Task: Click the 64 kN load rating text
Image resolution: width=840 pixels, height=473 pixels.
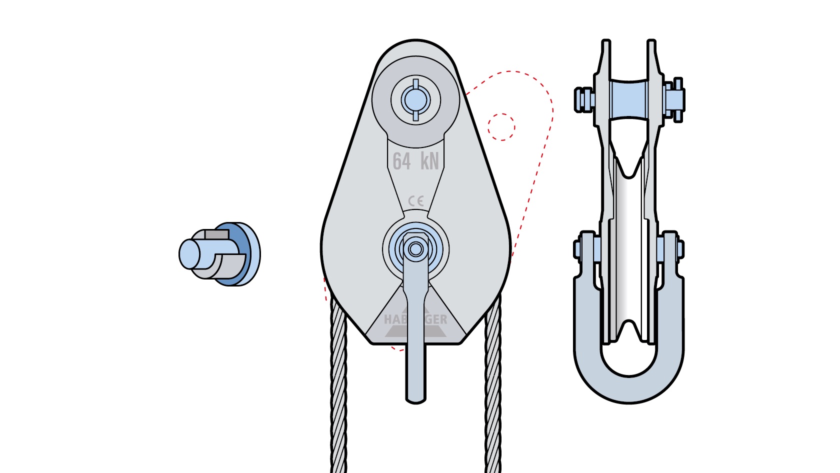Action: [x=415, y=161]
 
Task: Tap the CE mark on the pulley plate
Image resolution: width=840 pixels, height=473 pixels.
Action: [x=416, y=201]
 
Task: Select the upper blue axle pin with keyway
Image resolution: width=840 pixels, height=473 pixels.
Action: [x=415, y=100]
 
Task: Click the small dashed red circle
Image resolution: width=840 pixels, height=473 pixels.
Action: [x=501, y=127]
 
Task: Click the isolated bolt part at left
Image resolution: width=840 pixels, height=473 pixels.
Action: [x=219, y=254]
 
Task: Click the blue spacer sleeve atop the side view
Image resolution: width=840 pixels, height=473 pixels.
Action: [x=628, y=99]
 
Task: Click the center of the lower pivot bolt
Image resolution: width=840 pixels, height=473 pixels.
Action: [x=415, y=248]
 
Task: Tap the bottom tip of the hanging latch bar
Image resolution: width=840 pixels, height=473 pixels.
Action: [x=415, y=397]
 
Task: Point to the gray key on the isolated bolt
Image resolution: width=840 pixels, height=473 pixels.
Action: [x=216, y=234]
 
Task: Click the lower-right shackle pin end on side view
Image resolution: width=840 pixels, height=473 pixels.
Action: [x=679, y=248]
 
